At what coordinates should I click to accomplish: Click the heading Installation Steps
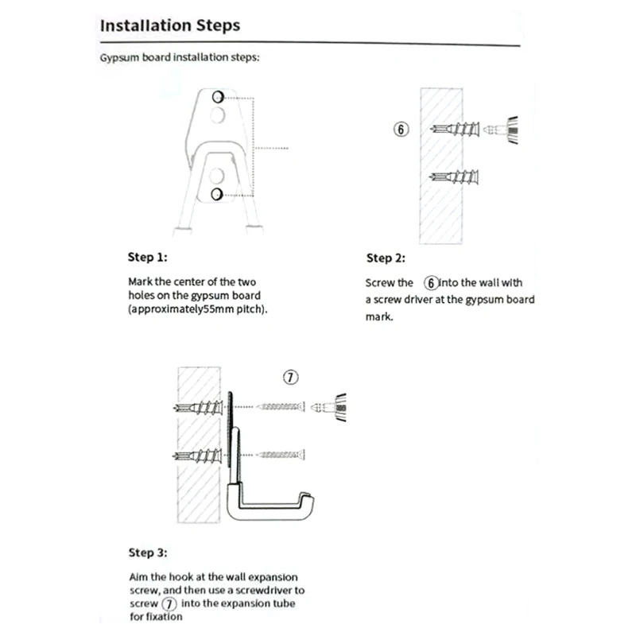click(169, 25)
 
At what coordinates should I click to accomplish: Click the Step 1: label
click(148, 258)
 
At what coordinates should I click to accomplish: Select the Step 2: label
click(386, 258)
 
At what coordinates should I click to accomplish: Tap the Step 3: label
click(148, 553)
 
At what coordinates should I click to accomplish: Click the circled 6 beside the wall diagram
click(402, 130)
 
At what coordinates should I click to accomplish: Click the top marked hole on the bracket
click(217, 97)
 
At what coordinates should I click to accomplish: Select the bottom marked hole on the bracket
click(216, 194)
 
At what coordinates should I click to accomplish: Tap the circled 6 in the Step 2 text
click(431, 282)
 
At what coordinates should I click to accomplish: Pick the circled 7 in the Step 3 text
click(168, 604)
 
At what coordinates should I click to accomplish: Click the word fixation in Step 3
click(164, 617)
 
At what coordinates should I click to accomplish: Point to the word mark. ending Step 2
click(380, 316)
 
